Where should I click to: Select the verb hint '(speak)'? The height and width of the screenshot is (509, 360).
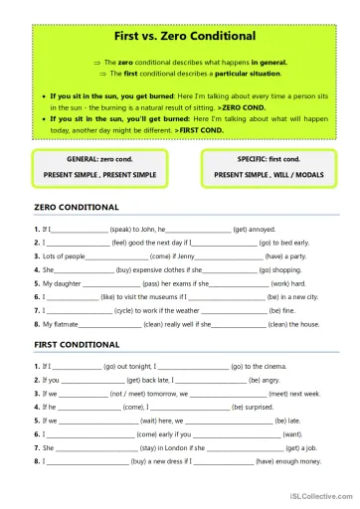tap(123, 228)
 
